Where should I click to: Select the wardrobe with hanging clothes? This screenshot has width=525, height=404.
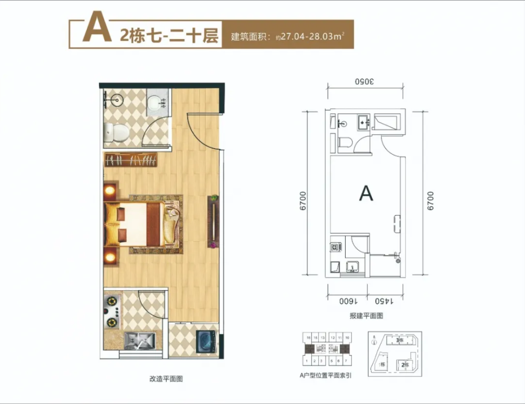pyautogui.click(x=132, y=160)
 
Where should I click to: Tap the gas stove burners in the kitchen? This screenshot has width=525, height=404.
pyautogui.click(x=113, y=311)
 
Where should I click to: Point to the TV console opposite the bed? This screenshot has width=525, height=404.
pyautogui.click(x=213, y=221)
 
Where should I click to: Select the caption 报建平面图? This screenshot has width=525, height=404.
pyautogui.click(x=366, y=316)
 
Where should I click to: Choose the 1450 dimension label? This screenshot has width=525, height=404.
pyautogui.click(x=386, y=301)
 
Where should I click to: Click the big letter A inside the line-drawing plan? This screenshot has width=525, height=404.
pyautogui.click(x=366, y=193)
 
